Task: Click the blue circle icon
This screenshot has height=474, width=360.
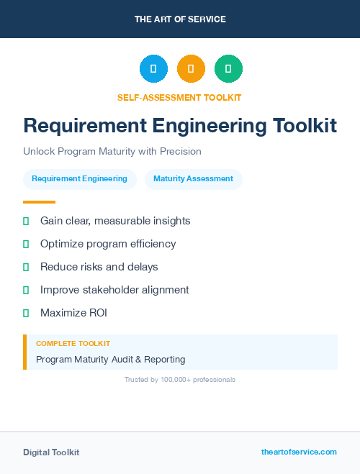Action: [153, 69]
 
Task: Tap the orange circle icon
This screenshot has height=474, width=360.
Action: [191, 69]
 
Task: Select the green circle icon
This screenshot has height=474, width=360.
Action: [228, 69]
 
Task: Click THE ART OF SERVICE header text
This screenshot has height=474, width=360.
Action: [180, 19]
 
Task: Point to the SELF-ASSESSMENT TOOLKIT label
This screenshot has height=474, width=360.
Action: [179, 97]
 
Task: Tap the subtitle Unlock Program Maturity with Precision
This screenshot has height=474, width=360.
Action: [112, 152]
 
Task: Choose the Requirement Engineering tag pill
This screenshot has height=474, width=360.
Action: [79, 179]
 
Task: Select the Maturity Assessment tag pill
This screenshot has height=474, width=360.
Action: [193, 179]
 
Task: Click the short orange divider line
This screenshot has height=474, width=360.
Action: [39, 202]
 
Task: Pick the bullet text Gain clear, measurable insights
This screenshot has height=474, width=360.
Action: [115, 221]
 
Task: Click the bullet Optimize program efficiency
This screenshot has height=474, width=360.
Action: [108, 244]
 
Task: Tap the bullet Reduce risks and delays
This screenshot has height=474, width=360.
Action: [99, 267]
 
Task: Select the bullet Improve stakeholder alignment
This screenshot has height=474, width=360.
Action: [114, 290]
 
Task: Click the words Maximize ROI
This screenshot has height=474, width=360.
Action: [73, 313]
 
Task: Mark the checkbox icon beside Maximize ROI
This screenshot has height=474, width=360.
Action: [26, 313]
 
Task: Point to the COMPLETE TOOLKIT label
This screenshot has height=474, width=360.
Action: [73, 344]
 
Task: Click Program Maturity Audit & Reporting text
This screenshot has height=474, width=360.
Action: [111, 359]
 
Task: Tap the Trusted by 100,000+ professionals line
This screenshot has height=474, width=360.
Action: [179, 379]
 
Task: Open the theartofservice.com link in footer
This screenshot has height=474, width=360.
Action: [299, 452]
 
